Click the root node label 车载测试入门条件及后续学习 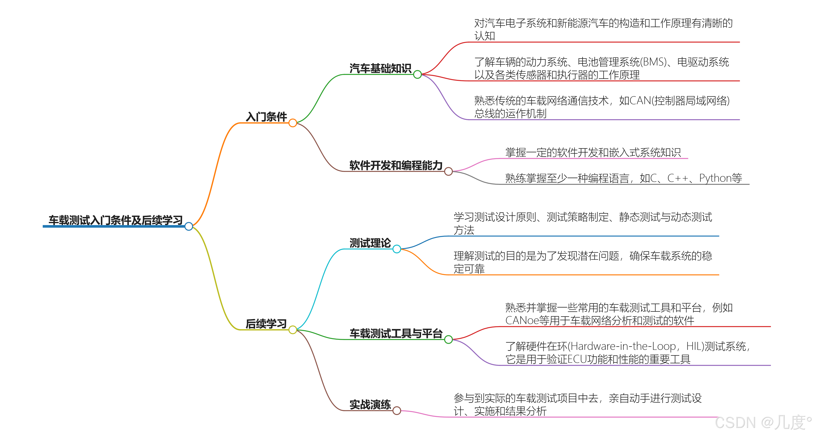[115, 220]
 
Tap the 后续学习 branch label [266, 324]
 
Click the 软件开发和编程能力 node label [396, 165]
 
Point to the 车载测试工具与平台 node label [396, 333]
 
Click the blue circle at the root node [189, 226]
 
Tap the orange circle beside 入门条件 [293, 123]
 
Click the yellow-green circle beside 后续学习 [293, 330]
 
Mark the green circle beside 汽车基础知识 [417, 75]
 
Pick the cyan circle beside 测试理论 [397, 249]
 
